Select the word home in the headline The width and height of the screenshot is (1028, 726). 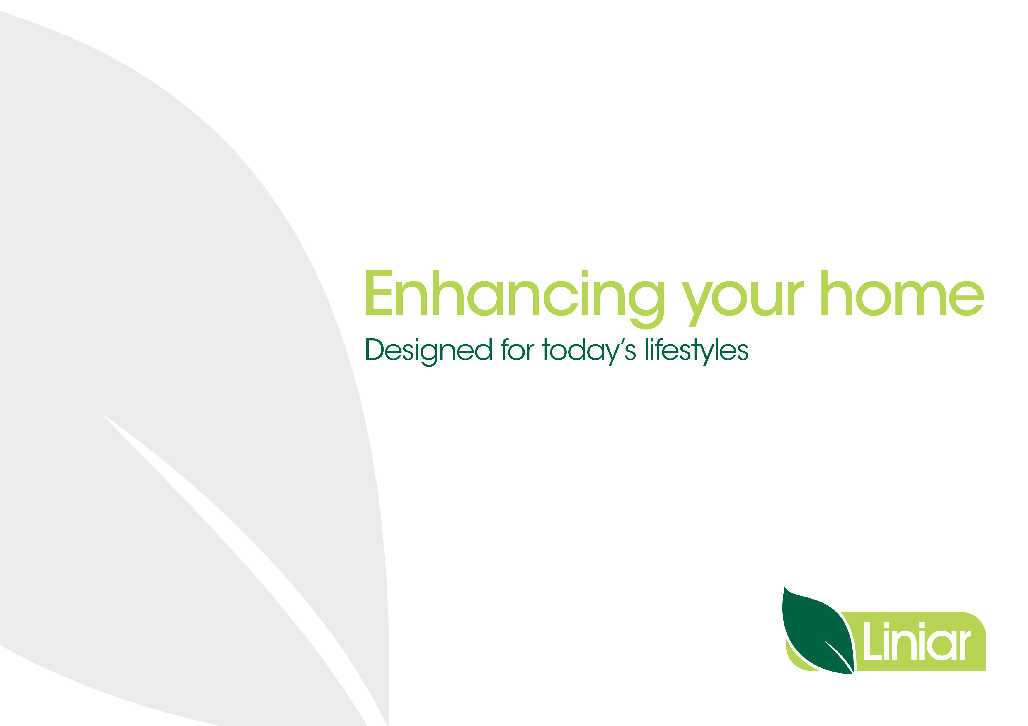tap(902, 293)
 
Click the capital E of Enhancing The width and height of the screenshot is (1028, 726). tap(379, 292)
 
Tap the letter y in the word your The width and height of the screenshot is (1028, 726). tap(697, 304)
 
